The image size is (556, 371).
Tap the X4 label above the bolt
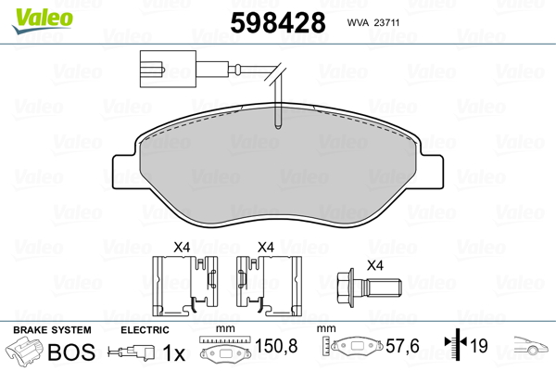[x=374, y=265]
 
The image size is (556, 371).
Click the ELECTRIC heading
[x=145, y=330]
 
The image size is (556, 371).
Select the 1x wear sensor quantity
[x=173, y=352]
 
